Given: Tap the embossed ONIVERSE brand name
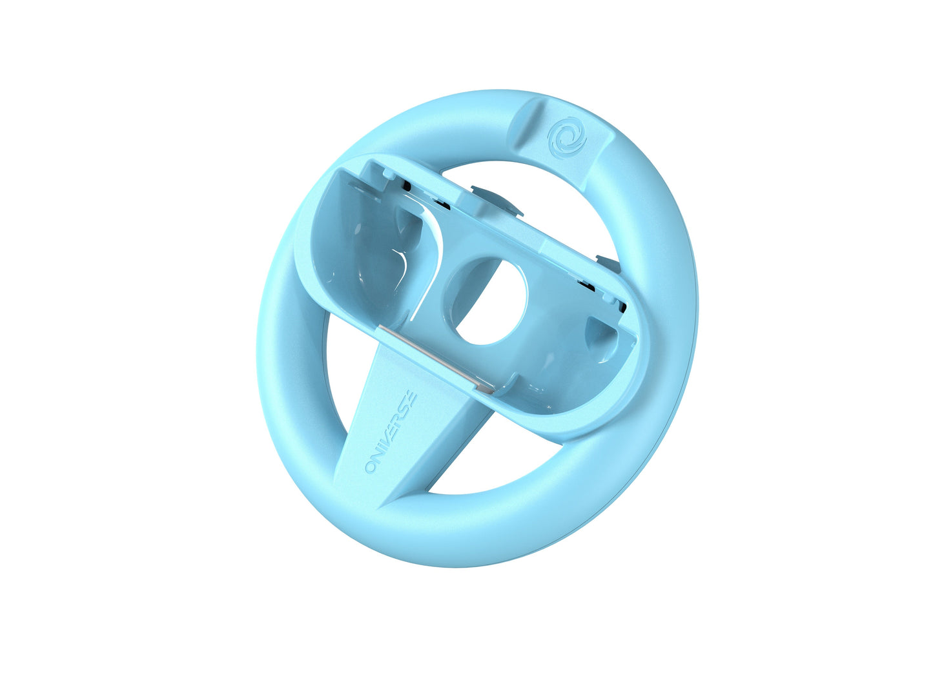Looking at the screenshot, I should [391, 434].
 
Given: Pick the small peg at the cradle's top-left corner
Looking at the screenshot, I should [386, 173].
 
